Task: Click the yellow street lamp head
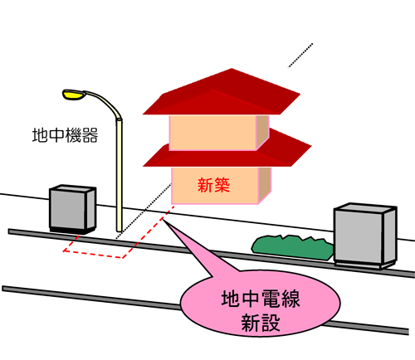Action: point(73,95)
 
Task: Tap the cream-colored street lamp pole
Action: point(119,174)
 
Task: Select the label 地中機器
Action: point(65,135)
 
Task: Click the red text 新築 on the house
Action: point(213,185)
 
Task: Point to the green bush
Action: point(293,247)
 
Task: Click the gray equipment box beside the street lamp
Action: point(72,209)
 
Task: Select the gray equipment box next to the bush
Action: point(365,236)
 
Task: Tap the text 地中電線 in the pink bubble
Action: point(261,299)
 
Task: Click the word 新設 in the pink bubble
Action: point(261,323)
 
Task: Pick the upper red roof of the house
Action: point(222,93)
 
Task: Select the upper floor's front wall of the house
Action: point(212,133)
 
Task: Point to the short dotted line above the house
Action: point(300,55)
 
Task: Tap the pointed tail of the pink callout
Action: point(163,220)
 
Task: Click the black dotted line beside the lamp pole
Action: point(144,212)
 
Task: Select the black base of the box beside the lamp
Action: point(72,231)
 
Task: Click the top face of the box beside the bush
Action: point(365,207)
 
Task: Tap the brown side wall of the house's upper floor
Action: point(262,132)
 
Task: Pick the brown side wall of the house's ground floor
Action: point(265,184)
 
